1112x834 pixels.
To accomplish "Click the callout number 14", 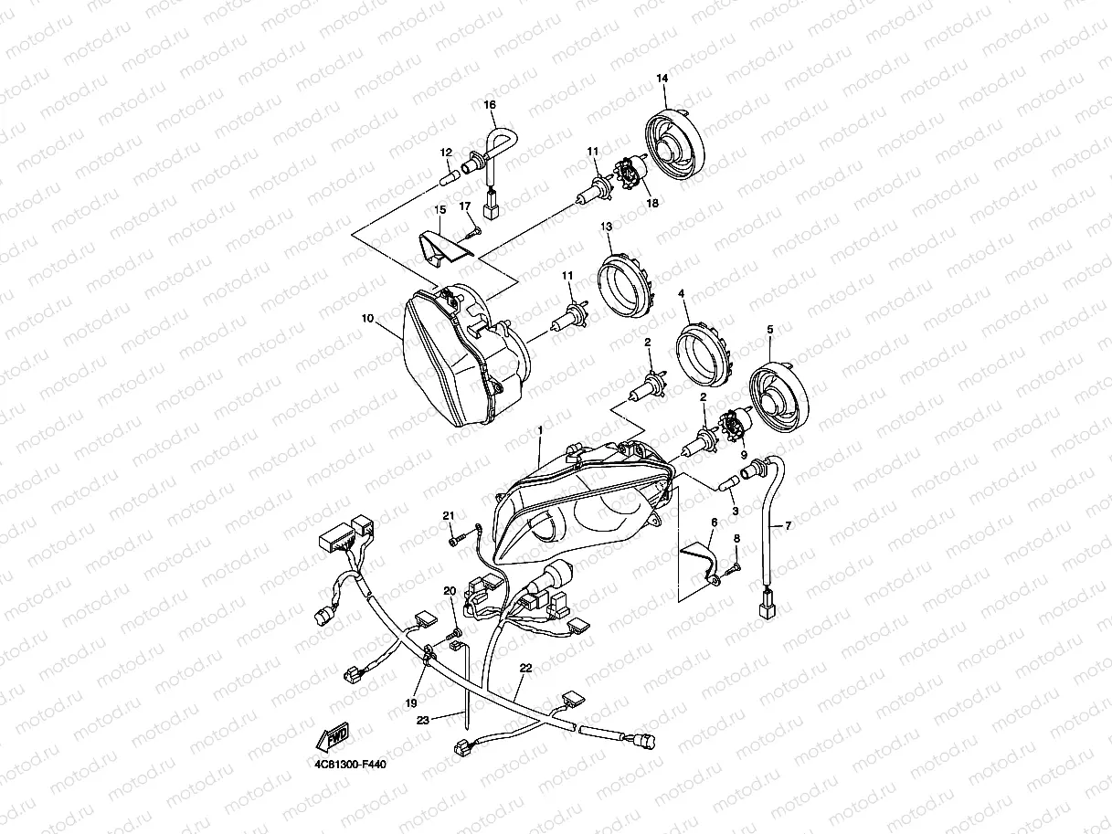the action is (x=662, y=79).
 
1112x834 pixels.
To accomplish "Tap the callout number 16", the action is (x=490, y=105).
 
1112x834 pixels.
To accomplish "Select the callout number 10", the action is (x=367, y=318).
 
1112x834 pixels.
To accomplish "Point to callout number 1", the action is (x=540, y=430).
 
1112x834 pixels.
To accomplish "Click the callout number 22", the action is (x=525, y=668).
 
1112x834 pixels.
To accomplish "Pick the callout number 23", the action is (x=422, y=720).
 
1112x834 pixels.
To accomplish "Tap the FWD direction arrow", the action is (x=333, y=736).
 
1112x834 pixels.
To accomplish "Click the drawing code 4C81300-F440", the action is (x=350, y=764).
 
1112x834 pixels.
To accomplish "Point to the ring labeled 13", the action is (x=624, y=286).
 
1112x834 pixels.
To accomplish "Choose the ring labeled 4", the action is (x=704, y=355).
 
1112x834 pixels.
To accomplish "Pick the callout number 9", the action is (x=744, y=455).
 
